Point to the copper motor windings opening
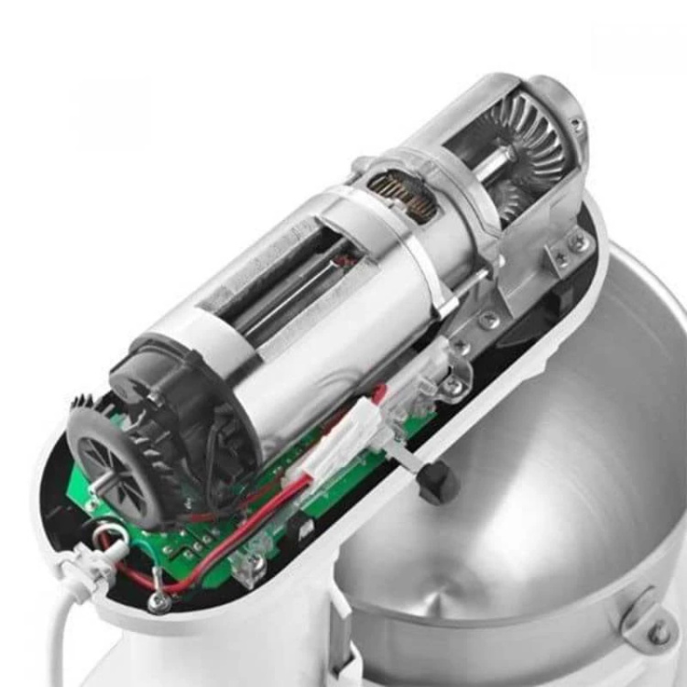(403, 193)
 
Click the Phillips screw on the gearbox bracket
(578, 244)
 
